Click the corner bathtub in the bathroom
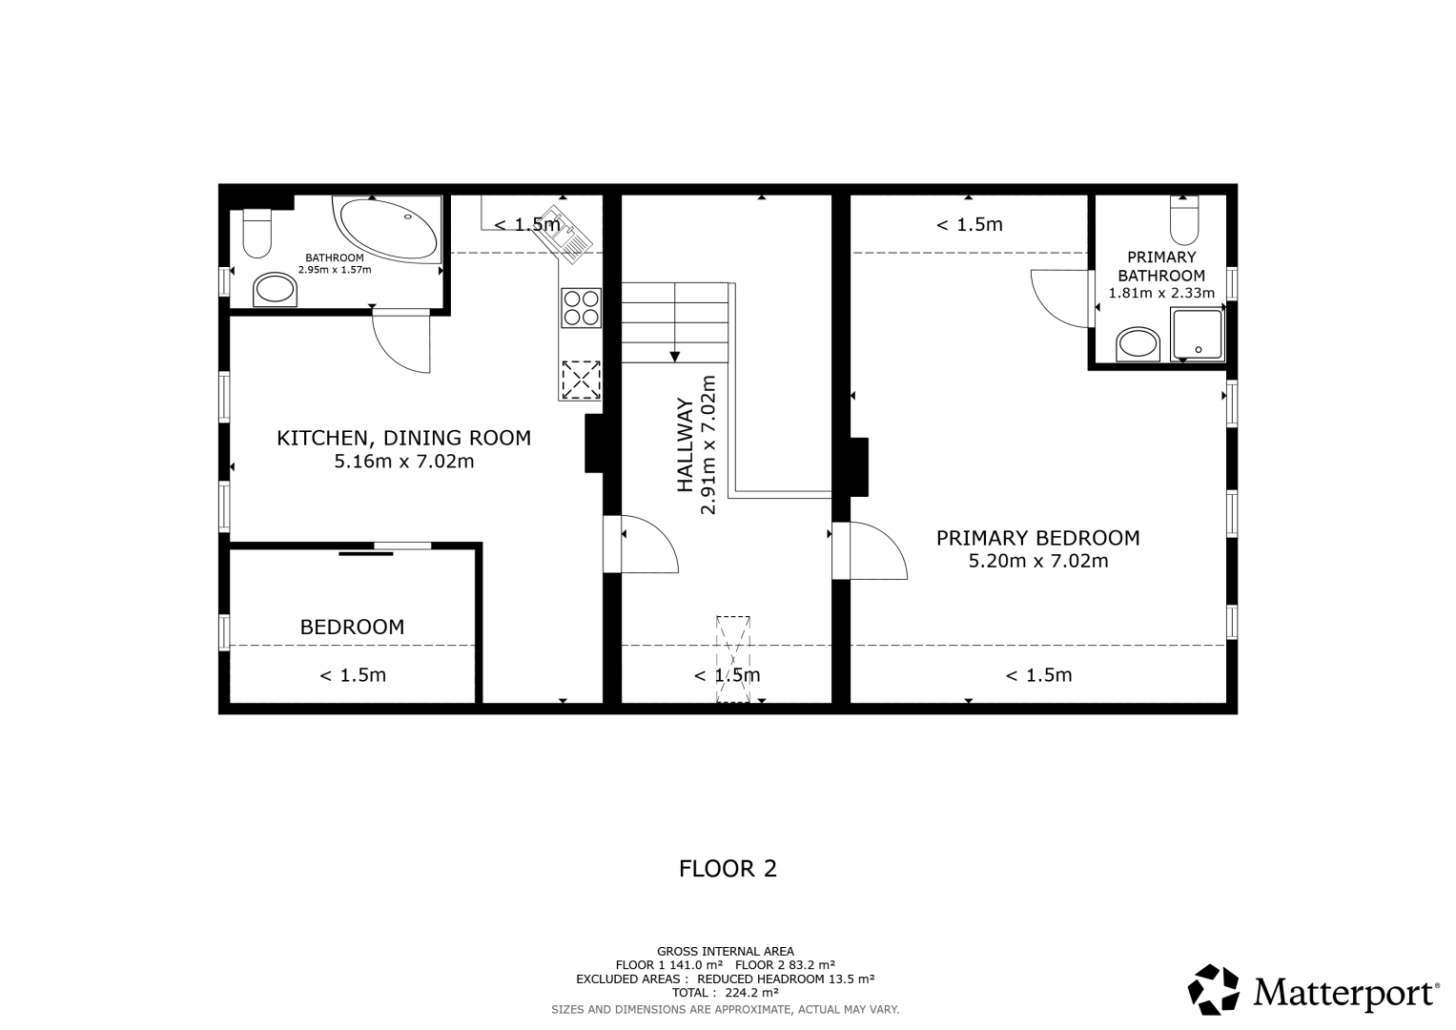(388, 229)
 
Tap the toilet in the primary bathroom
(1183, 220)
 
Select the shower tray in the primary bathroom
(1198, 334)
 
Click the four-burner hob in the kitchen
(581, 307)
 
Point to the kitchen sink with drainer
(564, 235)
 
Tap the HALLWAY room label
(686, 444)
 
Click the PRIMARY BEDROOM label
(1038, 538)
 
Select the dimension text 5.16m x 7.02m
(403, 462)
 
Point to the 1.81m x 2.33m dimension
(1161, 293)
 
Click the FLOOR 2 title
(728, 869)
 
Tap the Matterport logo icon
(1213, 989)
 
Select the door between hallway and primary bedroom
(870, 550)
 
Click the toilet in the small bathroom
(256, 234)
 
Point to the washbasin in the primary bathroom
(1138, 344)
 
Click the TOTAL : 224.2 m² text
(726, 993)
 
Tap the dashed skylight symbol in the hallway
(733, 659)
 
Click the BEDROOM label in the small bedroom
(352, 627)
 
